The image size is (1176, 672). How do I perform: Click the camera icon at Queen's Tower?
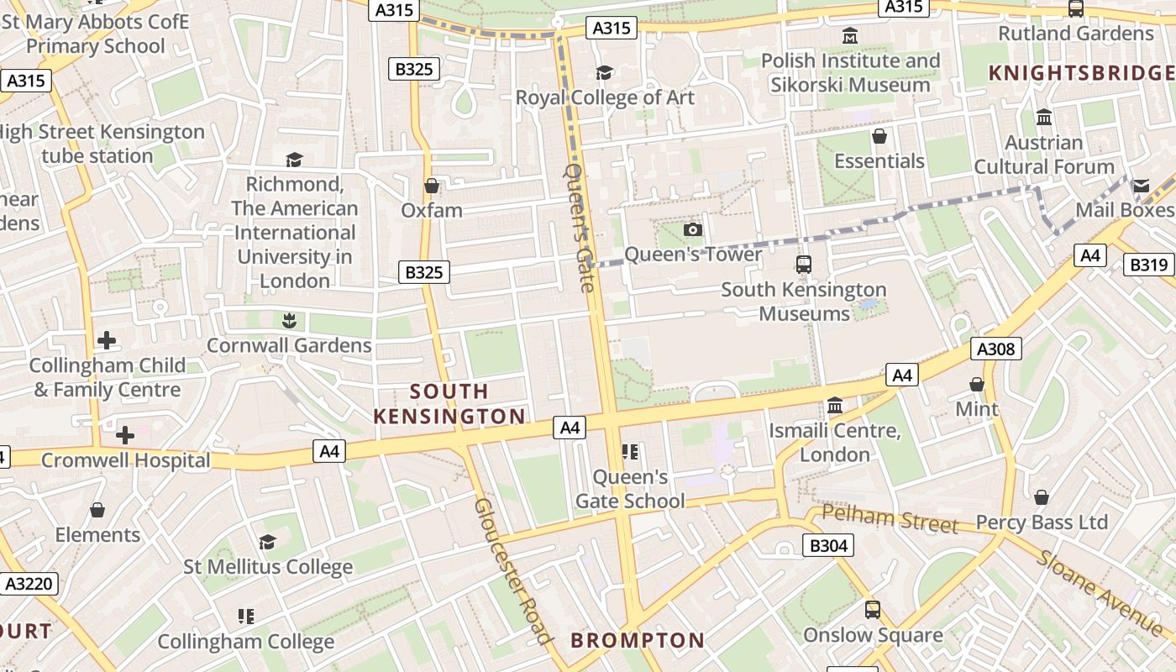pos(692,229)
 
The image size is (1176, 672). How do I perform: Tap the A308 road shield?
pos(995,349)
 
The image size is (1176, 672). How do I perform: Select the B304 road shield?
pos(828,546)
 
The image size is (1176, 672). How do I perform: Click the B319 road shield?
pos(1148,265)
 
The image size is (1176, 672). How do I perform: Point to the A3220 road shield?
pos(29,583)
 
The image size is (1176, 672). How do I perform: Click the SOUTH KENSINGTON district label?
pos(449,404)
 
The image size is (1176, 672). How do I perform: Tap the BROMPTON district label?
pos(638,640)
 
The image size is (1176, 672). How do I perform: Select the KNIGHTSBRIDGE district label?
pos(1082,73)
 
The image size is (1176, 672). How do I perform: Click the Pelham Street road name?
pos(890,518)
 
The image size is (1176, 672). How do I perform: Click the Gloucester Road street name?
pos(513,570)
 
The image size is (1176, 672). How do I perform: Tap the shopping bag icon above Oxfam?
pos(432,186)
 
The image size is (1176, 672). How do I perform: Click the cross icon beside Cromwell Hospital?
pos(125,435)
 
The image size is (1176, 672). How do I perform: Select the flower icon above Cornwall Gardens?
pos(289,320)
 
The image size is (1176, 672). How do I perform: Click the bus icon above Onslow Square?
pos(873,609)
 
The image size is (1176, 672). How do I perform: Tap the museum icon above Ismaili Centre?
pos(835,406)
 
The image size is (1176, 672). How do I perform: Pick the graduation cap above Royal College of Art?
pos(604,73)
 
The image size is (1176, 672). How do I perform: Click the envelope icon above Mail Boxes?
pos(1141,185)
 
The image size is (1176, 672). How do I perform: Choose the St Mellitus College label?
pos(268,567)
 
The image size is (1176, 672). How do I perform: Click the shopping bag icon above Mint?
pos(976,384)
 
